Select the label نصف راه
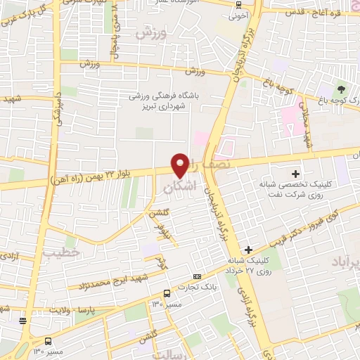coord(211,163)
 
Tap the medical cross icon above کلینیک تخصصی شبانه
coord(295,174)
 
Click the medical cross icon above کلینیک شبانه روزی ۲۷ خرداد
coord(248,250)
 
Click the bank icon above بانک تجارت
coord(197,276)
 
